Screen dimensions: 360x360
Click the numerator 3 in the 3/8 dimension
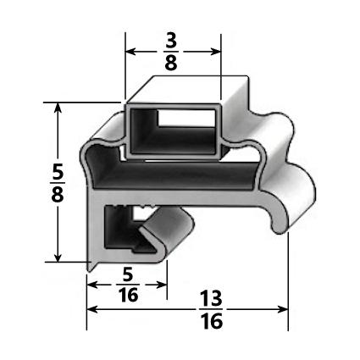click(x=173, y=40)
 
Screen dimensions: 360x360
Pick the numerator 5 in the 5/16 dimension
click(x=126, y=274)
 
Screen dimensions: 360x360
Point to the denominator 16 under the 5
click(x=126, y=296)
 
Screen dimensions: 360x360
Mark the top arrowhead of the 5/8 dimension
click(x=58, y=108)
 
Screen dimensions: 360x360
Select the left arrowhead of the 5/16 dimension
click(x=91, y=285)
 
